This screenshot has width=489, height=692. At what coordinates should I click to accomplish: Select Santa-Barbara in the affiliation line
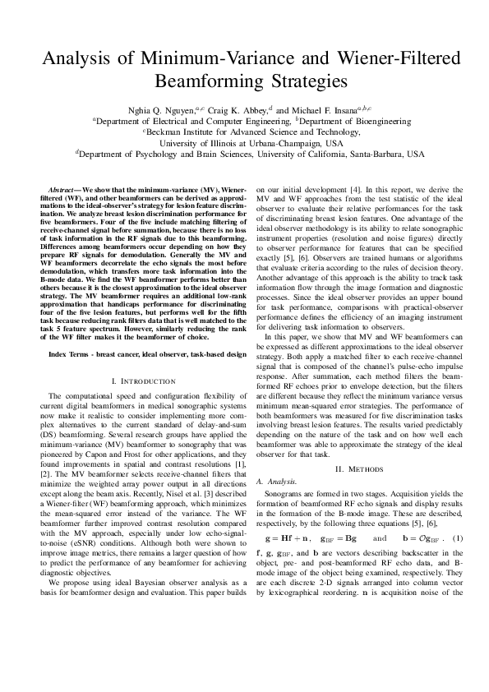click(x=375, y=154)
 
